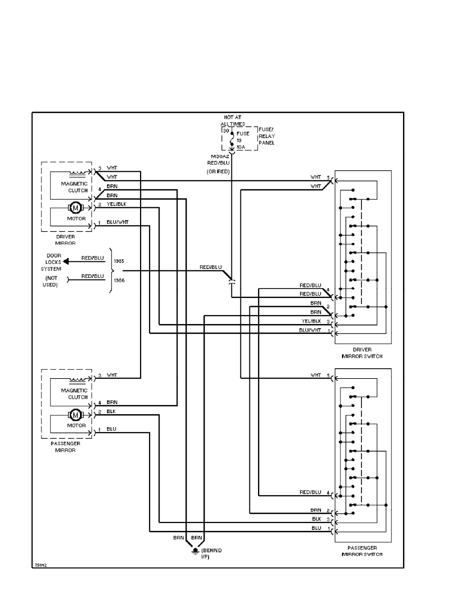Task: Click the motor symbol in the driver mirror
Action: [x=75, y=207]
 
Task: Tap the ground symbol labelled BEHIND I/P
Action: [x=195, y=551]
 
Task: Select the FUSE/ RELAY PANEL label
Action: [x=266, y=136]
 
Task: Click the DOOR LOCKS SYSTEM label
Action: [x=51, y=262]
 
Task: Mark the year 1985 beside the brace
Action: [x=119, y=261]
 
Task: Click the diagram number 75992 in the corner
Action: [x=40, y=565]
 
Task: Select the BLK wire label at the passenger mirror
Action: [x=111, y=412]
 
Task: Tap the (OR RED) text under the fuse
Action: [x=218, y=172]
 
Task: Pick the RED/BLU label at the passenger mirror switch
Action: [x=310, y=493]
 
